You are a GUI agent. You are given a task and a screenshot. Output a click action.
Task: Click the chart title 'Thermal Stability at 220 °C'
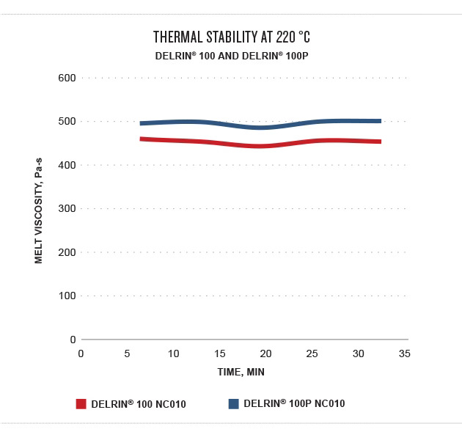(x=236, y=37)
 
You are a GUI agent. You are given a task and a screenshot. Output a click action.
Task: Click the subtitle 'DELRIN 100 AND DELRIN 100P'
(x=236, y=56)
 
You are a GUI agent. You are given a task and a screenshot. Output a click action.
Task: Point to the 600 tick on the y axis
(x=67, y=78)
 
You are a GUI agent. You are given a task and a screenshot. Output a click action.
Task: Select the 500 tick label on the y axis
(x=67, y=121)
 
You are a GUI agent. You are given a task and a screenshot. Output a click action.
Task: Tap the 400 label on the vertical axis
(x=67, y=165)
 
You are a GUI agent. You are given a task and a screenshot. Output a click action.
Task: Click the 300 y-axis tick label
(x=67, y=208)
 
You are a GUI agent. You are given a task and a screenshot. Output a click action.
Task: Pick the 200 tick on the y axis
(x=67, y=252)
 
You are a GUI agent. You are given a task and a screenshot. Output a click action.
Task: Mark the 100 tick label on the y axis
(x=67, y=296)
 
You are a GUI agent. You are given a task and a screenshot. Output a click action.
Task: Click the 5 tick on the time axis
(x=128, y=353)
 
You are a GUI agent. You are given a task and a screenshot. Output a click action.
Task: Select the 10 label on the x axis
(x=174, y=353)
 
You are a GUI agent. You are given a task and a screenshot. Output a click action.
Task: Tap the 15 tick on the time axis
(x=220, y=353)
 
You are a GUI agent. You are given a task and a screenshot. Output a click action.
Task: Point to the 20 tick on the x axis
(x=265, y=353)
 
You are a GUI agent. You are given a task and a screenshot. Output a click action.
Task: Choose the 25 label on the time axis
(x=312, y=353)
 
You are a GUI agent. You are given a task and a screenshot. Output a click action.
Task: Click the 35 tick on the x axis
(x=404, y=353)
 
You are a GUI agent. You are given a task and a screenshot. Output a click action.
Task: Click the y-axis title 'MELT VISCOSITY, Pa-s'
(x=38, y=208)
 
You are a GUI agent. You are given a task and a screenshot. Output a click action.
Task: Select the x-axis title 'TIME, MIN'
(x=241, y=372)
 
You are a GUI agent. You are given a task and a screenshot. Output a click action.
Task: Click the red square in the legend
(x=81, y=404)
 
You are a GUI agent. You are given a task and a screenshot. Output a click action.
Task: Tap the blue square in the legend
(x=234, y=404)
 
